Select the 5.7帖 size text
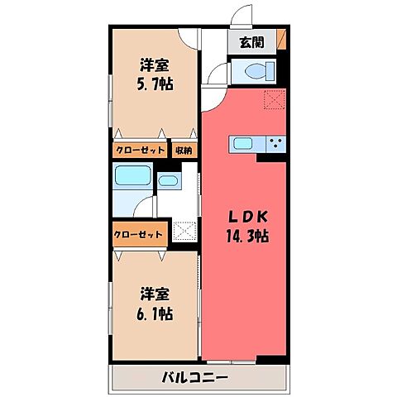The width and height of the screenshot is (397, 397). pos(155,84)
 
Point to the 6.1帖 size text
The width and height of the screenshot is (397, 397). pos(155,313)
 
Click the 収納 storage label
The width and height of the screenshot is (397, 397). pos(183,150)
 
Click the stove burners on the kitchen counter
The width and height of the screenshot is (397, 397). pos(275,143)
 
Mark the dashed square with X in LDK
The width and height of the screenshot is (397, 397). pos(274,100)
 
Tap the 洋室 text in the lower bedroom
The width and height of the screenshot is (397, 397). pos(155,293)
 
